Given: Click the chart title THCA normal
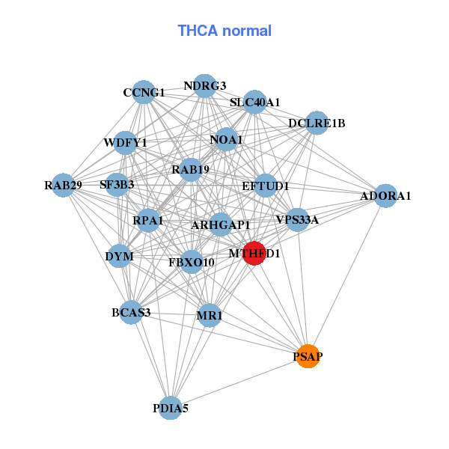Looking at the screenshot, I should (x=224, y=31).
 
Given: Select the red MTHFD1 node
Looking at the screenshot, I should (x=254, y=253).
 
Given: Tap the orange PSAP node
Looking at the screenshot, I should (x=308, y=357).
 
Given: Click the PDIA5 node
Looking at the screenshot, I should (x=171, y=408).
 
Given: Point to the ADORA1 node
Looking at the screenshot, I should (x=385, y=196).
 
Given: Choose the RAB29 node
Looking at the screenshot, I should (x=63, y=185).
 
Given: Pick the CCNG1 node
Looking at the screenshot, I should (x=144, y=93).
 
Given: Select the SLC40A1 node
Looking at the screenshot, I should (x=255, y=102).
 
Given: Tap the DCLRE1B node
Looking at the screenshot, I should (x=317, y=123).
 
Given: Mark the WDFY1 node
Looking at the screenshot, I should (x=126, y=142).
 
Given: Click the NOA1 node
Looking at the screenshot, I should (x=226, y=139).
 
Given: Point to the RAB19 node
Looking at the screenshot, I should (x=190, y=170).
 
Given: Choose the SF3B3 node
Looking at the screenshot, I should (x=117, y=184).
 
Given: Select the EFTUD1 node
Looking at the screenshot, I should (x=266, y=185).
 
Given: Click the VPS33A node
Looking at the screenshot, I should (x=297, y=219).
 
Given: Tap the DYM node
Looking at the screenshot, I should (x=120, y=256).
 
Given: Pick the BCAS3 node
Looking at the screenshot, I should (x=132, y=312).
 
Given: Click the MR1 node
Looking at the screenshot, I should (x=210, y=316).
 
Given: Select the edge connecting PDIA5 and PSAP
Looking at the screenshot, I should (x=239, y=382).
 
